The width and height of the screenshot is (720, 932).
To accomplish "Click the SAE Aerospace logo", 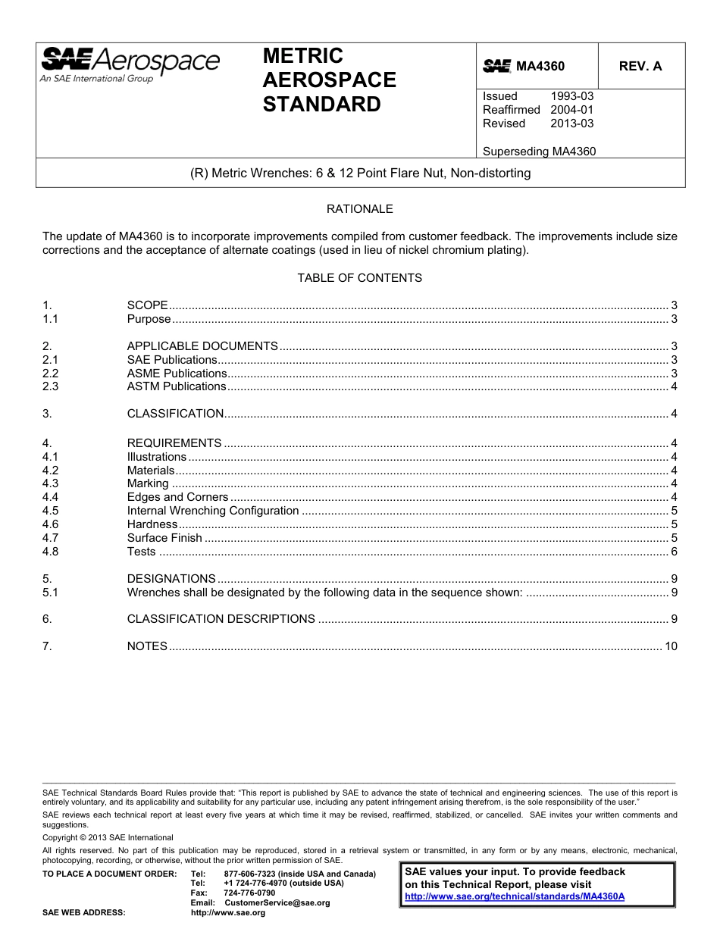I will pos(130,64).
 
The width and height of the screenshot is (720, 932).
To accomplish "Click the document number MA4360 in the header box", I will pos(540,67).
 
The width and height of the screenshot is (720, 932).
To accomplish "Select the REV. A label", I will pos(640,67).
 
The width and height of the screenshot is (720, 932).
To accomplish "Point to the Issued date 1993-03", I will pos(571,96).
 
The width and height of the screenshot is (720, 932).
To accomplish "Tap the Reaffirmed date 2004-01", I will pos(571,110).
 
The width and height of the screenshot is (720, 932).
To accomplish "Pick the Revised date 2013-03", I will pos(571,124).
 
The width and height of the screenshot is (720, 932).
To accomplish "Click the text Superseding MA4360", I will pos(539,151).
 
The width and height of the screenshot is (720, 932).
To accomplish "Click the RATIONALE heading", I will pos(359,209).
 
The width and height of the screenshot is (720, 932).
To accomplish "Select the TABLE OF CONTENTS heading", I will pos(359,278).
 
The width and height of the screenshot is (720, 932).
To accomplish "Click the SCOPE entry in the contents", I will pos(147,305).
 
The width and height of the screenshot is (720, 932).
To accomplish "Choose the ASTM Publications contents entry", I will pos(177,386).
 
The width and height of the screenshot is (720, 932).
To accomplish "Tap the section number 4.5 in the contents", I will pos(50,511).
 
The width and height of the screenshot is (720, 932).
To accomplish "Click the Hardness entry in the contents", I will pos(152,524).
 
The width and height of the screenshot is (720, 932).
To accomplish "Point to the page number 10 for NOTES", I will pos(670,646).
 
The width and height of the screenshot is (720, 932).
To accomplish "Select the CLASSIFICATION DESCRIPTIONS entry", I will pos(221,619).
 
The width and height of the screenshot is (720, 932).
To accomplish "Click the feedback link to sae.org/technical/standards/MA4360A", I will pos(515,896).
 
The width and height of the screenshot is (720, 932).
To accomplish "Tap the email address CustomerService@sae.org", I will pos(277,903).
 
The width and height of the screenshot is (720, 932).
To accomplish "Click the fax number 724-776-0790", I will pos(249,893).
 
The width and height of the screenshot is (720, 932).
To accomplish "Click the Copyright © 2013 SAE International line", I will pos(108,838).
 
